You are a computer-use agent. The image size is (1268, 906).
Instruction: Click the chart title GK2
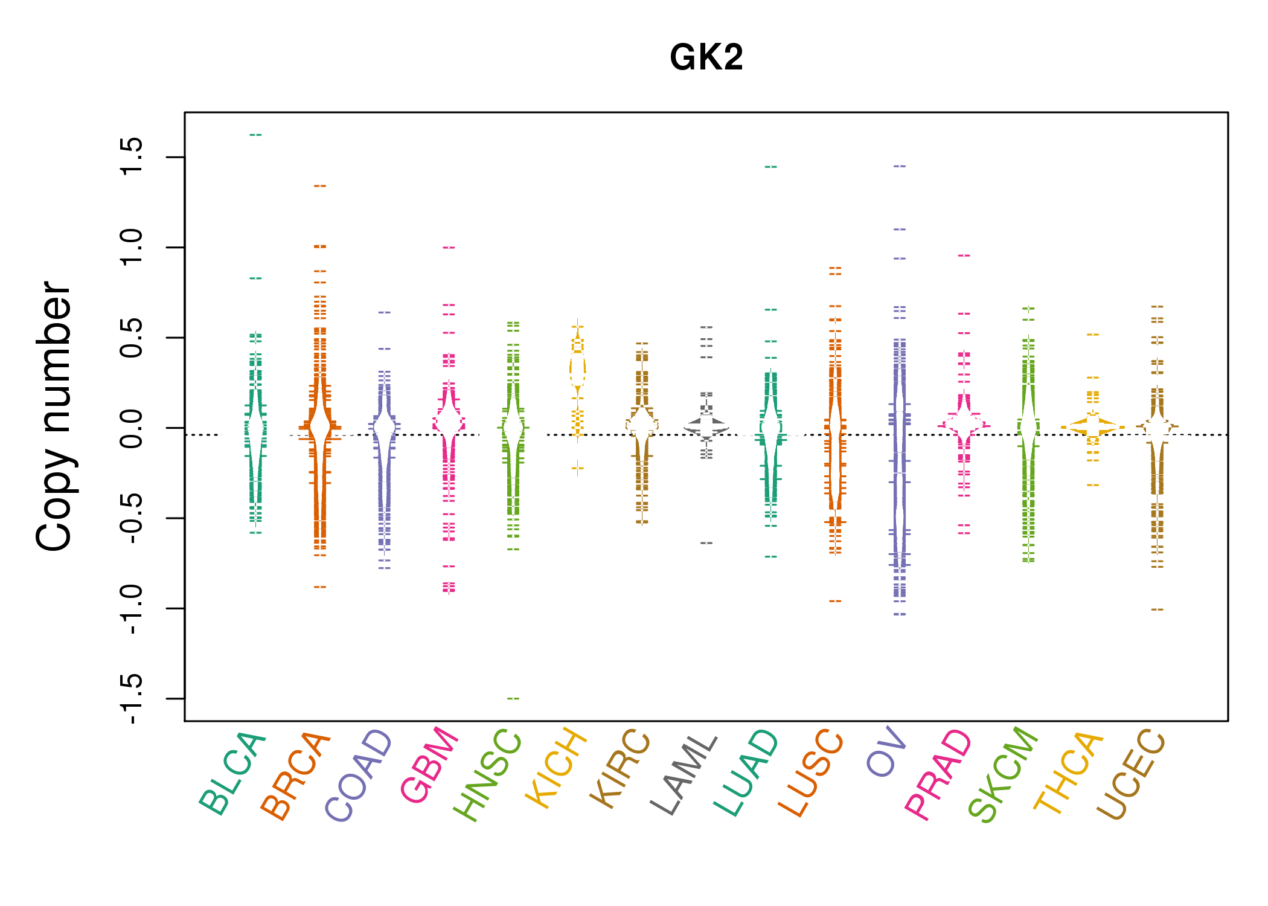tap(706, 58)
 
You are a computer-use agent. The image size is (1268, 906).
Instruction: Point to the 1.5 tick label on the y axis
tap(132, 156)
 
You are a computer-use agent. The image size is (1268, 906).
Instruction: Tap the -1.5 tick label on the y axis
tap(132, 698)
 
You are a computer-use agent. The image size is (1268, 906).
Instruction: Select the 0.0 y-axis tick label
tap(132, 428)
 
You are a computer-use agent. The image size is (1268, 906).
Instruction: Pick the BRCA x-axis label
tap(296, 776)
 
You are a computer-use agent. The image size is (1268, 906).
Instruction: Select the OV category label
tap(886, 751)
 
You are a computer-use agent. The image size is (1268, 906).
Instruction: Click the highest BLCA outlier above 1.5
tap(255, 135)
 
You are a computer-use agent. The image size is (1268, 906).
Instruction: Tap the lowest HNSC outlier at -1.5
tap(513, 698)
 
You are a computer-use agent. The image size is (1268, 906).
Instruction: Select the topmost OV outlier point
tap(900, 165)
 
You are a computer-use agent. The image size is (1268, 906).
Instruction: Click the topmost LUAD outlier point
tap(771, 166)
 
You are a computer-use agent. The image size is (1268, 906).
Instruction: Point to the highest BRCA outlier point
tap(320, 186)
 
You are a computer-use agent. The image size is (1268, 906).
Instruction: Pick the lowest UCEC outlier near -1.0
tap(1157, 609)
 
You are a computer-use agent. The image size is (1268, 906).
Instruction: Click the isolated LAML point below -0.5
tap(706, 543)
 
